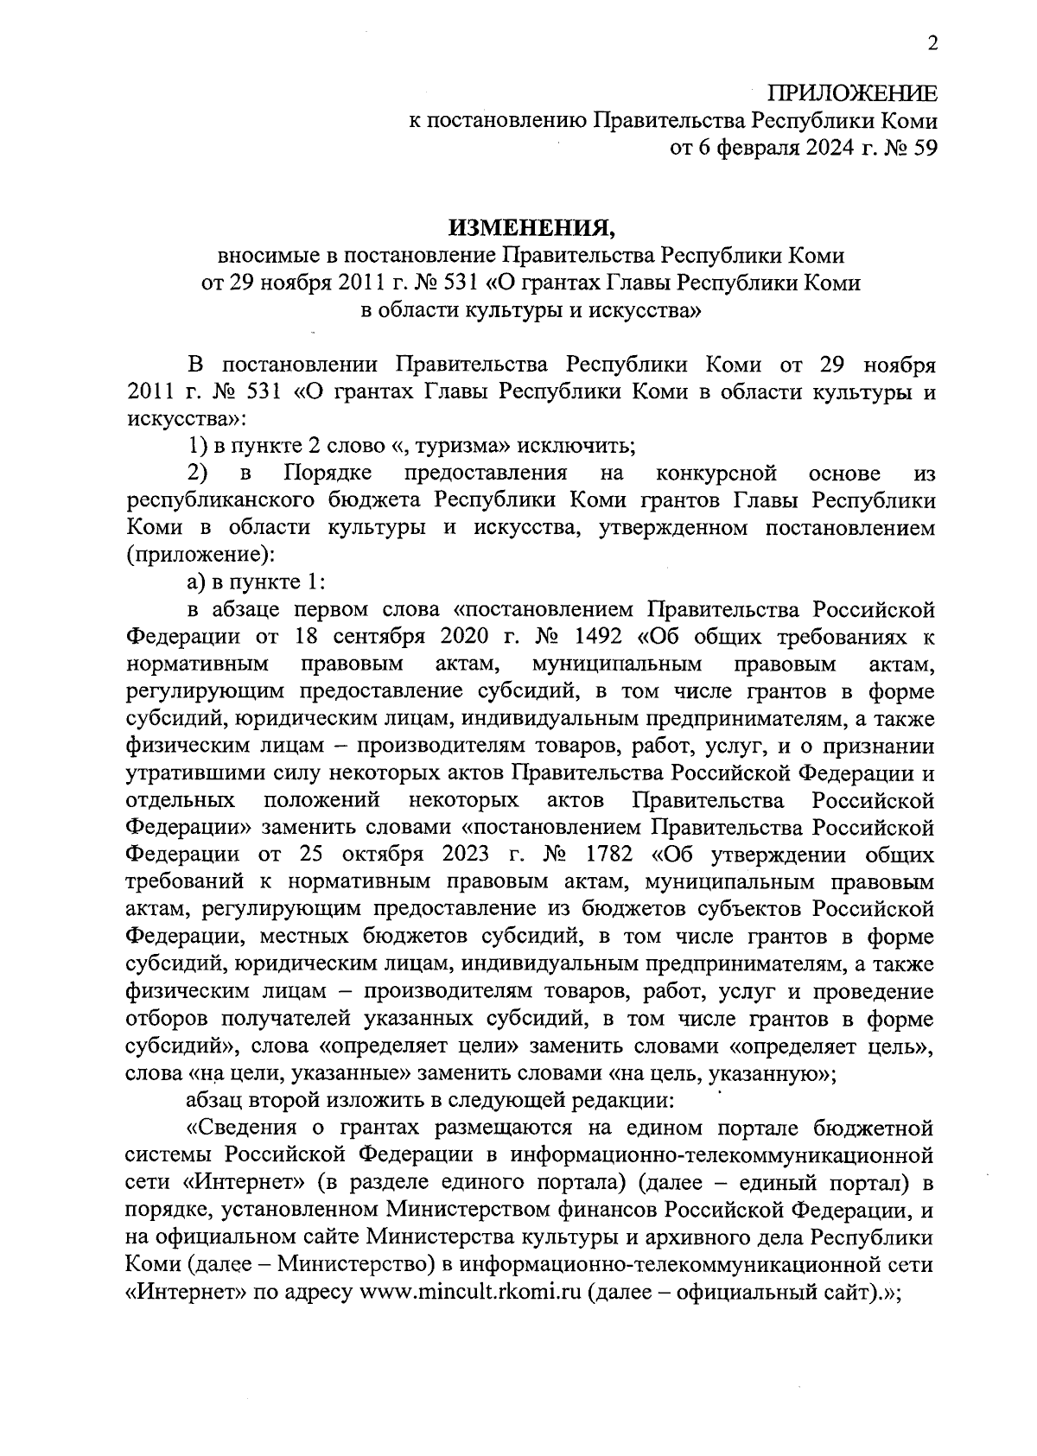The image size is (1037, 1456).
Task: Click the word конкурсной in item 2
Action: click(716, 473)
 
